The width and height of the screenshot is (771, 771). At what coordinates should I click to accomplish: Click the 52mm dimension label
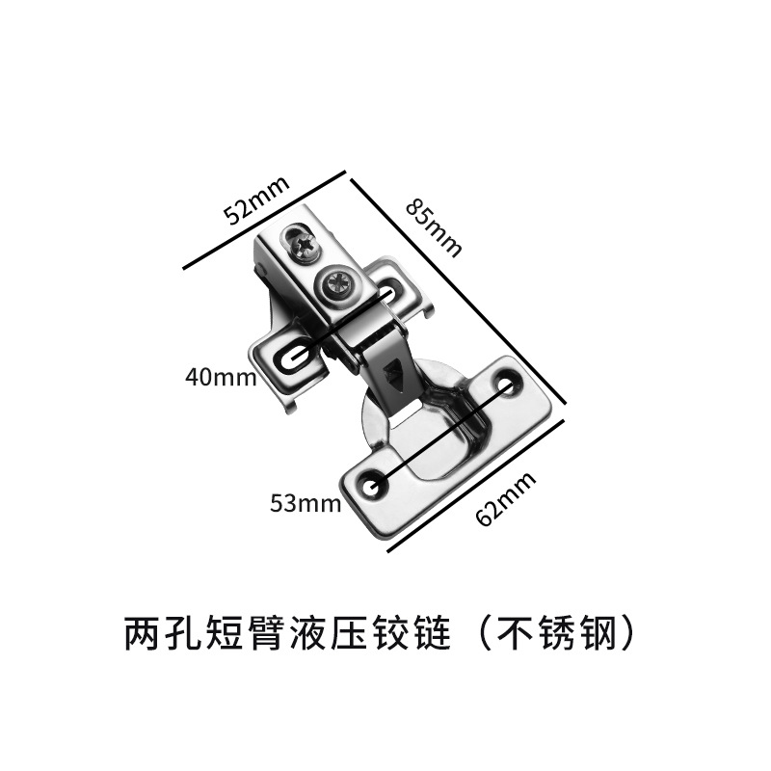tap(254, 199)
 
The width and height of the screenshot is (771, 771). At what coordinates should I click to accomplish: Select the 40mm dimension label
tap(221, 376)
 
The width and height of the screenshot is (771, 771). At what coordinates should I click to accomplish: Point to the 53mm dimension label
tap(306, 502)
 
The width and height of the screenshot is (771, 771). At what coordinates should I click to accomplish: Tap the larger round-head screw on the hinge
tap(340, 282)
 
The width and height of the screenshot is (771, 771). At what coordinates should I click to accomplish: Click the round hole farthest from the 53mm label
tap(507, 384)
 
